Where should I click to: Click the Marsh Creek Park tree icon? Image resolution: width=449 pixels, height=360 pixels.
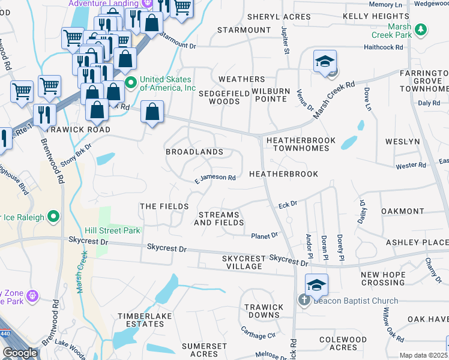422,29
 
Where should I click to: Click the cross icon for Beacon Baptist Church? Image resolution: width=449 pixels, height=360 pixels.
304,301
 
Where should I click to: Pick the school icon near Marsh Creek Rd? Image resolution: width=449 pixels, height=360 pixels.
325,62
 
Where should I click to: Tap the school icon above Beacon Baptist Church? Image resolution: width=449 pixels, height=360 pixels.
316,285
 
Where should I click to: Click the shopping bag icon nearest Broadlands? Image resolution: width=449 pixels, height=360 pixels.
152,111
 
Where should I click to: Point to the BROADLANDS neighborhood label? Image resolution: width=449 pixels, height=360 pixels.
194,152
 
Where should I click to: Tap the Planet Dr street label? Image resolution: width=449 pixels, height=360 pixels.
265,236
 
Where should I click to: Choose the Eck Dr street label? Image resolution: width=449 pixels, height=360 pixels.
288,205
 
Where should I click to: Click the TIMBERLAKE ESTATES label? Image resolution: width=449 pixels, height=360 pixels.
140,320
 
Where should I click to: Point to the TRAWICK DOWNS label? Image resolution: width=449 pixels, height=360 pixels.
264,311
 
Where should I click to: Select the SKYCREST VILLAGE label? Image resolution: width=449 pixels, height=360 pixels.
243,262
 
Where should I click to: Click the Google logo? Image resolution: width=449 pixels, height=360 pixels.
20,353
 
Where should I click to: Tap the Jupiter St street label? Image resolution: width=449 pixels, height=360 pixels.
285,42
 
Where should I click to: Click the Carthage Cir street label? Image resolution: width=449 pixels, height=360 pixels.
258,332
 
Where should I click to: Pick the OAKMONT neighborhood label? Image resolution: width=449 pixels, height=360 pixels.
402,211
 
